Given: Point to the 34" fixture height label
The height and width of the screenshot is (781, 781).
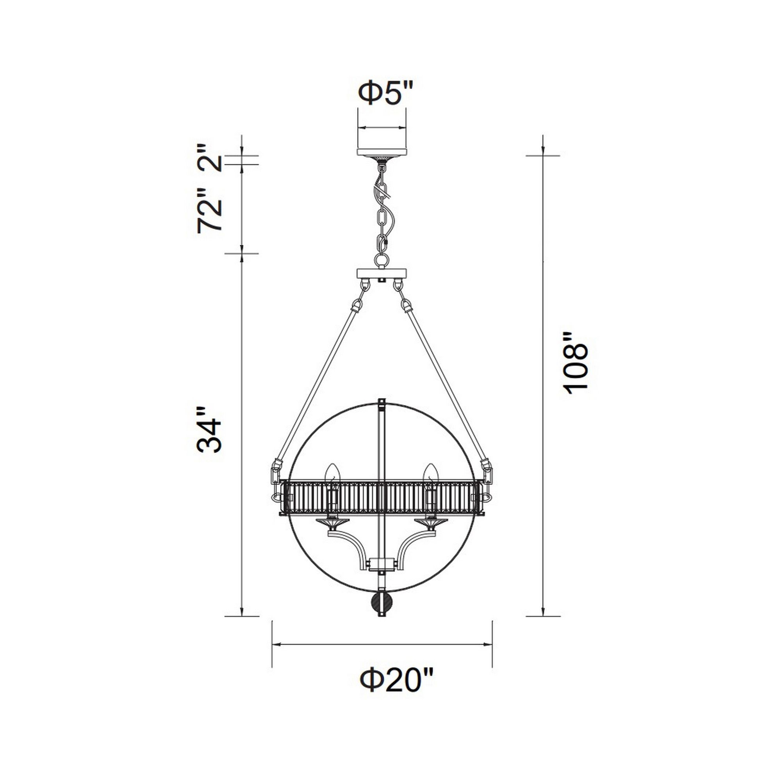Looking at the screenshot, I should (x=210, y=430).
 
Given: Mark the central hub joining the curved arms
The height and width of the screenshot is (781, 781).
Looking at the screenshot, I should (x=382, y=563).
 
